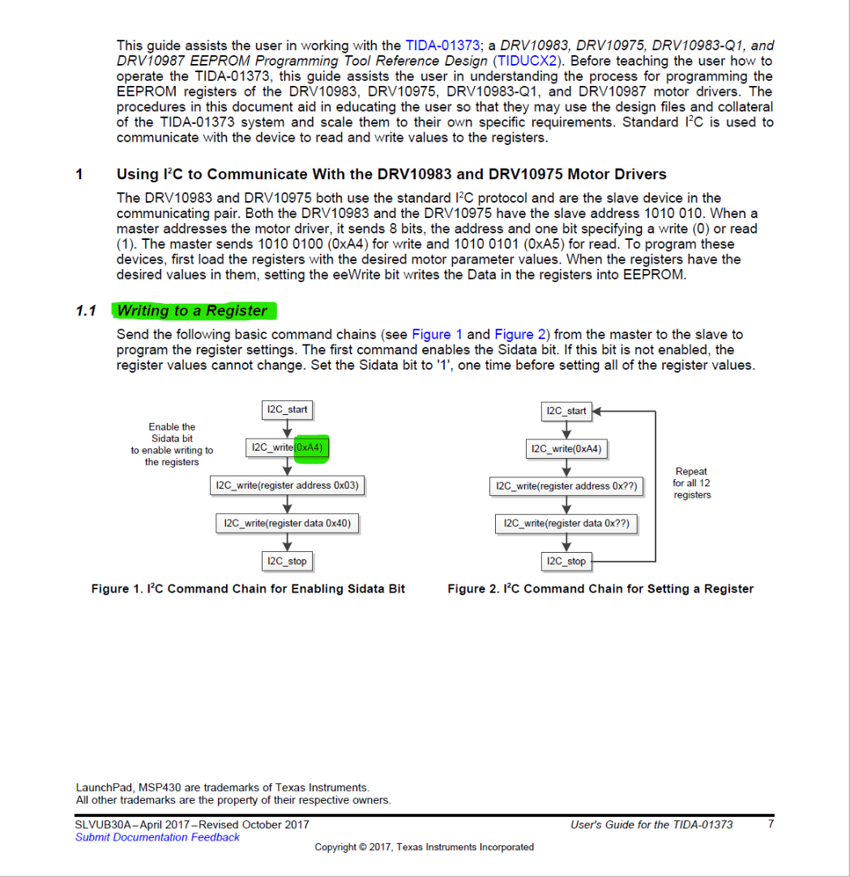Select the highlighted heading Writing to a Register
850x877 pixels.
192,311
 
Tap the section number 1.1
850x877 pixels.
86,311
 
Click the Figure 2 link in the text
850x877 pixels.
514,335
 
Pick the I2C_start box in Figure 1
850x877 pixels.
287,410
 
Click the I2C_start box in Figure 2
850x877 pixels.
566,411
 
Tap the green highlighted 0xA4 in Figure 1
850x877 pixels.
311,447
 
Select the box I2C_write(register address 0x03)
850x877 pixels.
287,486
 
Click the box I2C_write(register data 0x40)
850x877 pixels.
287,524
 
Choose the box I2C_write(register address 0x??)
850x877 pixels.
566,486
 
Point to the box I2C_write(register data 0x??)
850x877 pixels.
566,524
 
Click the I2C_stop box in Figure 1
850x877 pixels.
287,561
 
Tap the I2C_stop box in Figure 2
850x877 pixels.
566,561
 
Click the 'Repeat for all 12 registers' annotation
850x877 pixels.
691,483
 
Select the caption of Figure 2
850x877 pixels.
600,589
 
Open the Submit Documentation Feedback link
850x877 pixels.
157,838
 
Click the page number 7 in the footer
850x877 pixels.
770,825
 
